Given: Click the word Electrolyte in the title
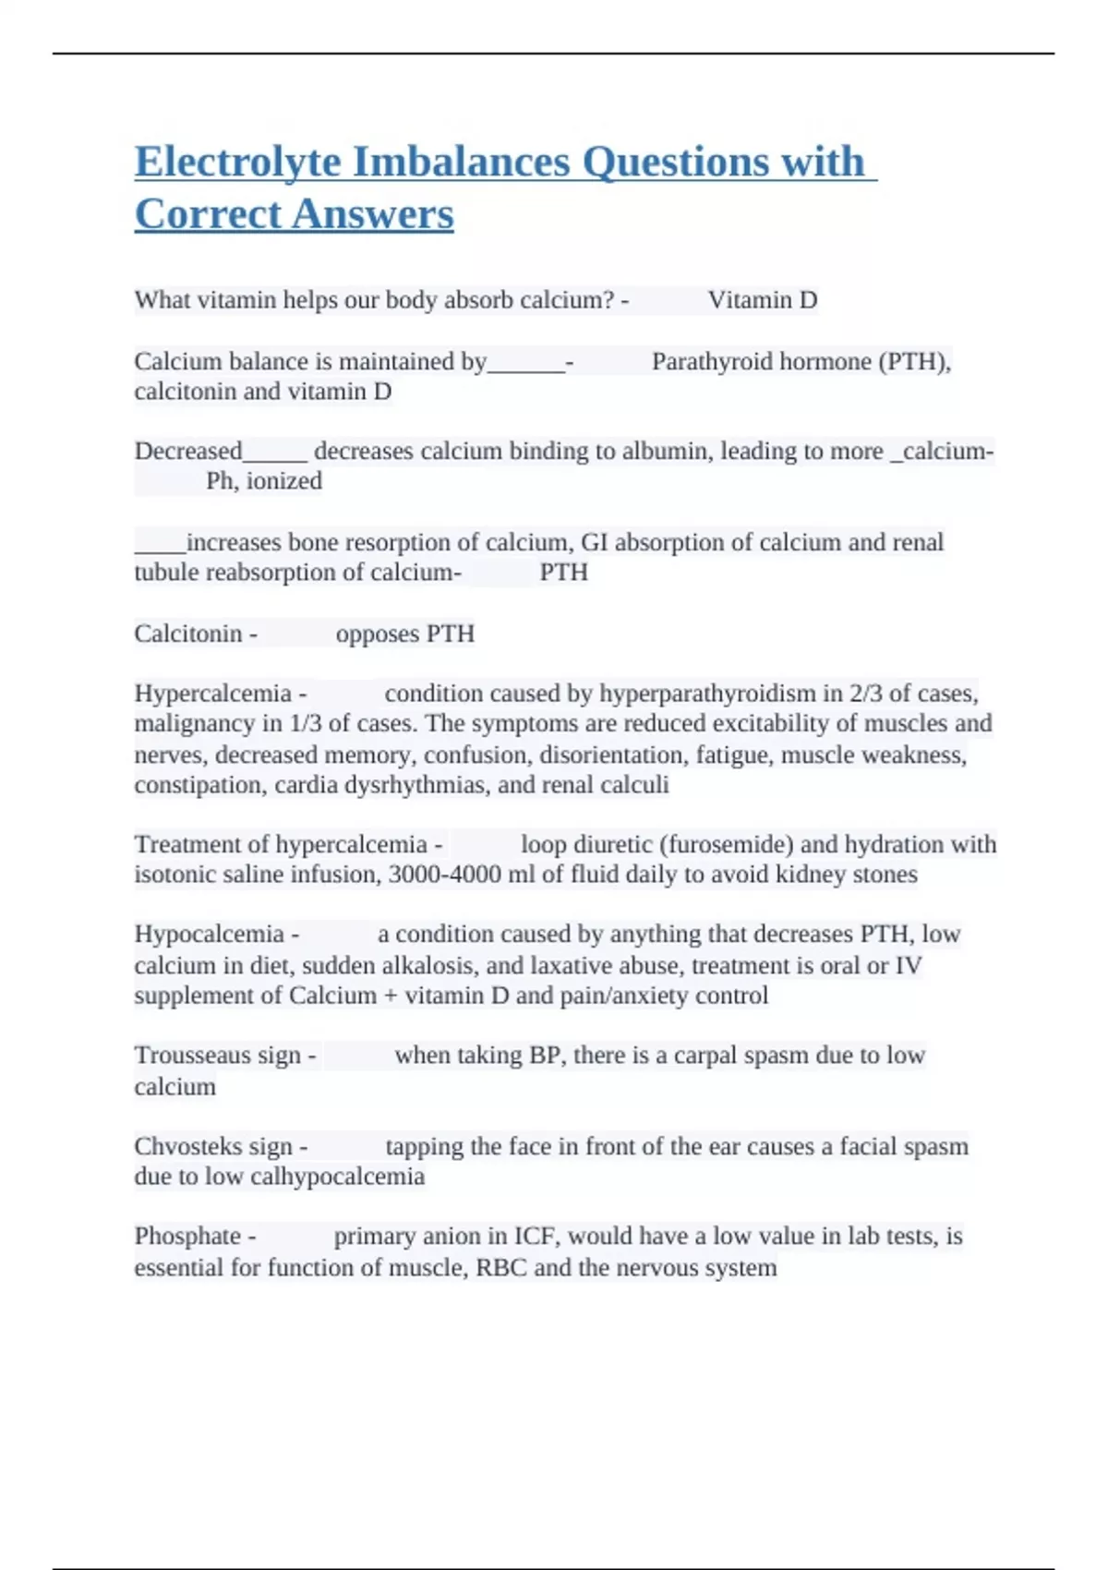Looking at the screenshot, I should [237, 163].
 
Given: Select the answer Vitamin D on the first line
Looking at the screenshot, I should [763, 300].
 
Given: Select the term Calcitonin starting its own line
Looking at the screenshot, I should [188, 634].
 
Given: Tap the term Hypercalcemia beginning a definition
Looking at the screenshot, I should [212, 694].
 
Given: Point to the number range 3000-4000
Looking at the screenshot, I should [444, 875].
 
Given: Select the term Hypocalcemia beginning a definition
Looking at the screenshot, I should [209, 934].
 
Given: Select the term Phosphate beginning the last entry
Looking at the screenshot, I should [187, 1236].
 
